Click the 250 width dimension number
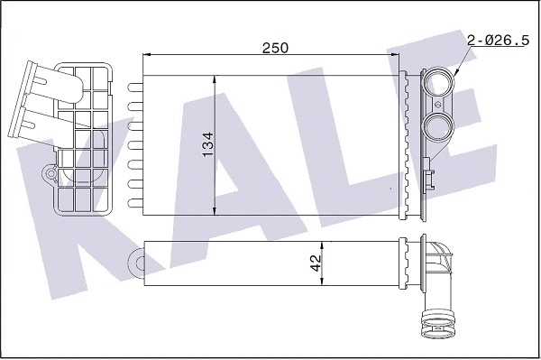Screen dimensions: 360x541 (x=275, y=48)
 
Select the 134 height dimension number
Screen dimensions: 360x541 (x=206, y=144)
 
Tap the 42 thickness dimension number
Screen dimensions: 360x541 (x=316, y=263)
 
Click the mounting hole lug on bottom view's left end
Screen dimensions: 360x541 (x=139, y=263)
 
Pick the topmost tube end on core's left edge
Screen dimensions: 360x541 (x=136, y=88)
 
